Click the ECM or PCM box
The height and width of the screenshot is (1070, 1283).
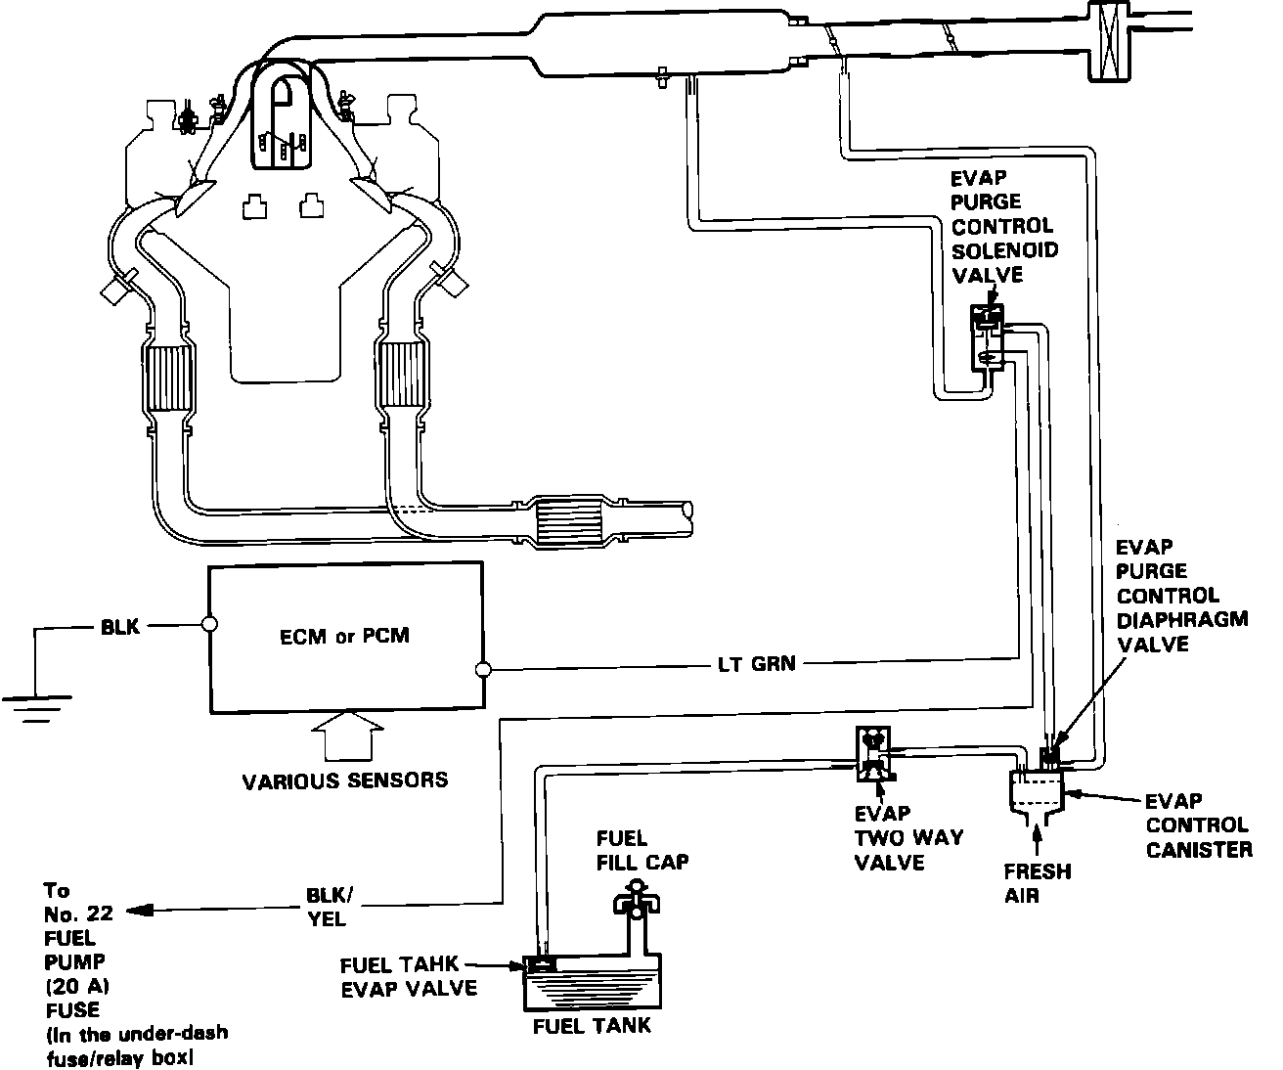pyautogui.click(x=346, y=636)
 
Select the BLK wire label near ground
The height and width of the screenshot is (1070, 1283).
pyautogui.click(x=120, y=626)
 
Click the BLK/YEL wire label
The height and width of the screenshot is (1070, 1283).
pyautogui.click(x=327, y=908)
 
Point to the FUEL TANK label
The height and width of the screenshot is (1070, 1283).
pyautogui.click(x=592, y=1026)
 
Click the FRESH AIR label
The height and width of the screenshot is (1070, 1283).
pyautogui.click(x=1037, y=883)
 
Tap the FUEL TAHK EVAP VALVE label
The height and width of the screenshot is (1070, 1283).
pyautogui.click(x=409, y=976)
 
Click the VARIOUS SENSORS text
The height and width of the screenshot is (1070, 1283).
pyautogui.click(x=345, y=780)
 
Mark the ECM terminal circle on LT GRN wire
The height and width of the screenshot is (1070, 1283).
pyautogui.click(x=481, y=670)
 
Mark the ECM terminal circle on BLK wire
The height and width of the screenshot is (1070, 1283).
pyautogui.click(x=208, y=623)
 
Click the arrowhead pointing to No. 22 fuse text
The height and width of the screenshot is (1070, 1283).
pyautogui.click(x=133, y=911)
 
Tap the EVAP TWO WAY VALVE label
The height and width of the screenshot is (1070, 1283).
pyautogui.click(x=907, y=838)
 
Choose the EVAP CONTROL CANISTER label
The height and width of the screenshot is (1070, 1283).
pyautogui.click(x=1198, y=825)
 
